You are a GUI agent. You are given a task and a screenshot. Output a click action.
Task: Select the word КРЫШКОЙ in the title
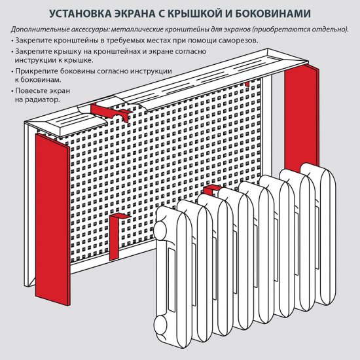[x=200, y=14]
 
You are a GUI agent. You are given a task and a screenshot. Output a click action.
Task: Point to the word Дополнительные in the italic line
[x=41, y=30]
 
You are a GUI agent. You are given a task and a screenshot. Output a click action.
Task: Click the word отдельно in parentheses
[x=328, y=30]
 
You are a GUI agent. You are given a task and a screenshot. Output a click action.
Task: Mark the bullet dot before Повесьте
[x=12, y=91]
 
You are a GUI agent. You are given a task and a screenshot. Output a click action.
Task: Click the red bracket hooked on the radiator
[x=211, y=190]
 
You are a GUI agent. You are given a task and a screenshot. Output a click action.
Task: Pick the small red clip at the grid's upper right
[x=247, y=85]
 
